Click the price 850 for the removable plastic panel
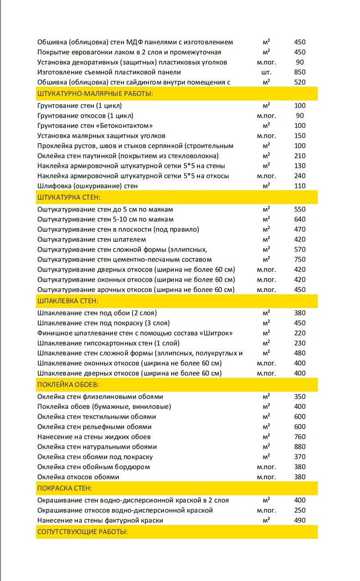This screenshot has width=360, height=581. (300, 72)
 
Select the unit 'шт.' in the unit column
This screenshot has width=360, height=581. (266, 72)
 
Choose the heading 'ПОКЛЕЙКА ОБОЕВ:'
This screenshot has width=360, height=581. (68, 384)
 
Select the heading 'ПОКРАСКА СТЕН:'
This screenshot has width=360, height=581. (65, 488)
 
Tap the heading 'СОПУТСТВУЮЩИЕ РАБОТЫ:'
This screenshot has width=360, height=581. (83, 532)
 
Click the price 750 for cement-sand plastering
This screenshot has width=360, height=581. (300, 260)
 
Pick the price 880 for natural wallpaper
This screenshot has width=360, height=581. (300, 447)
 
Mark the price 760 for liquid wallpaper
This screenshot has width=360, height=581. (300, 437)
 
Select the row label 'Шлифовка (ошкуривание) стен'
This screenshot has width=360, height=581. (88, 186)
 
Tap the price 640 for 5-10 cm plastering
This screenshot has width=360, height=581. (300, 220)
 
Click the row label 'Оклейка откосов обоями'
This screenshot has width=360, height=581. (78, 477)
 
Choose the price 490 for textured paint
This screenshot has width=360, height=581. (300, 520)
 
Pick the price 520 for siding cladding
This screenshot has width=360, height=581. (300, 82)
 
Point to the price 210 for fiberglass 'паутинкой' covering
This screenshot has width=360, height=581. (300, 156)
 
